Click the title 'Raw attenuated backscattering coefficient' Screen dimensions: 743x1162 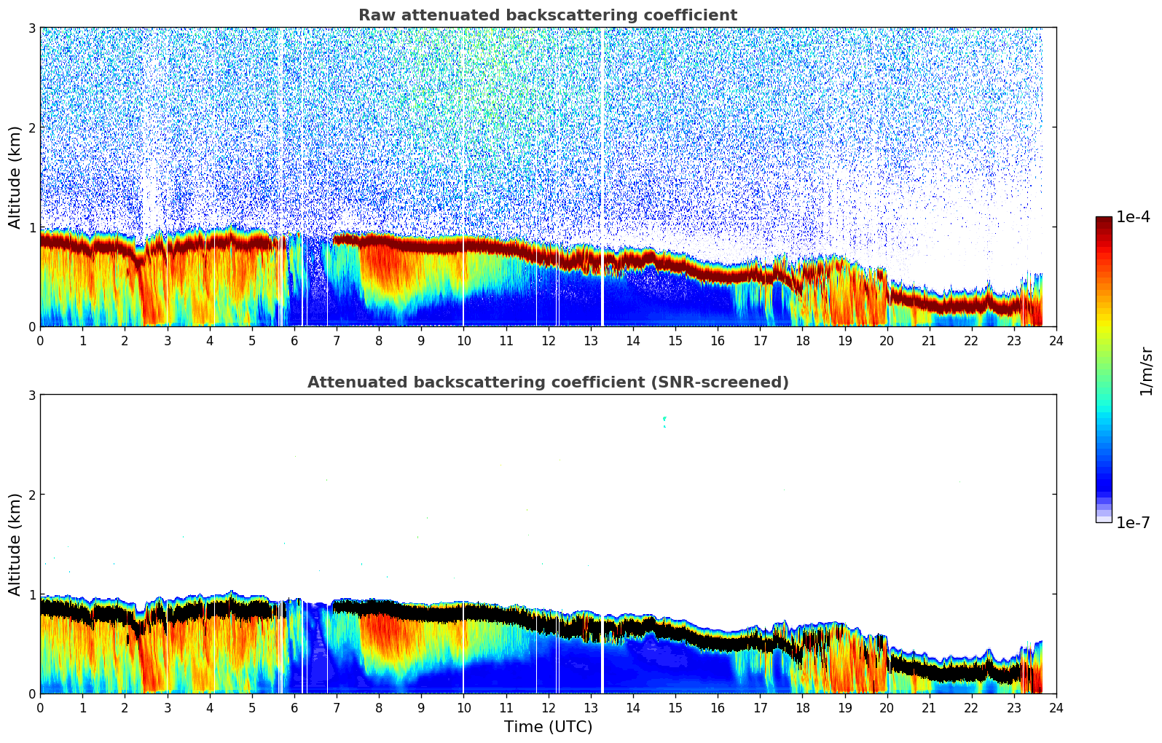pos(547,15)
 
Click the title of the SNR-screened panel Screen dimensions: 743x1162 pos(547,382)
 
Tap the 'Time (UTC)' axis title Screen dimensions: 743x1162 pos(548,727)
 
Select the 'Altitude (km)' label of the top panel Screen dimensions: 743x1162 pos(15,177)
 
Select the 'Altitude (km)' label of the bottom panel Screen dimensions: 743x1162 pos(15,544)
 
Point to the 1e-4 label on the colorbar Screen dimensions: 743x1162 pos(1133,217)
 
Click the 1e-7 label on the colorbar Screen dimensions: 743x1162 pos(1133,522)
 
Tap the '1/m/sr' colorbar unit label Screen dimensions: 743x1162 pos(1146,371)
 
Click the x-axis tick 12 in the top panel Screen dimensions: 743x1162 pos(548,340)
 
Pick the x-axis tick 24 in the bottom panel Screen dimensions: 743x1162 pos(1056,707)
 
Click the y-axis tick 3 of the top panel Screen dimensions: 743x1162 pos(31,28)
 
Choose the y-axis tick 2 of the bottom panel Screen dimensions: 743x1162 pos(31,495)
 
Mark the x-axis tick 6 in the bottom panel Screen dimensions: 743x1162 pos(294,707)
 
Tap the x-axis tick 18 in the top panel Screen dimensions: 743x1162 pos(802,340)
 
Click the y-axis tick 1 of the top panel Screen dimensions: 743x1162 pos(31,227)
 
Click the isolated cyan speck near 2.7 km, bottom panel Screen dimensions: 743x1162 pos(664,419)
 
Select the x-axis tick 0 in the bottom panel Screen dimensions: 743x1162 pos(40,707)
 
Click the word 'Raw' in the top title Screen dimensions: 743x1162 pos(374,15)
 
